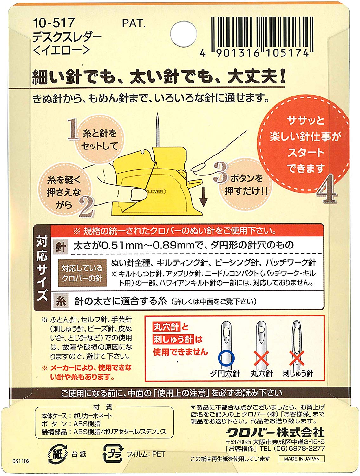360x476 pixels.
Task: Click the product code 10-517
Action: pyautogui.click(x=54, y=23)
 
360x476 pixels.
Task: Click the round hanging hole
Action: pyautogui.click(x=183, y=34)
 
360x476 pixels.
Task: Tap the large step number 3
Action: pyautogui.click(x=221, y=172)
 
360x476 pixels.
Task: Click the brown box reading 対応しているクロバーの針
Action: pyautogui.click(x=82, y=273)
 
